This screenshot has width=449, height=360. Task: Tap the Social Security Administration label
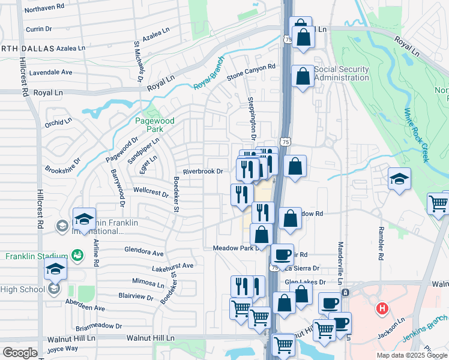coord(341,73)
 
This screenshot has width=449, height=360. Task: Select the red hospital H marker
coord(381,310)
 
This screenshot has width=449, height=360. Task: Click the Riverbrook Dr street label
coord(203,171)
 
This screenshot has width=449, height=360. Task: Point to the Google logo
coord(20,352)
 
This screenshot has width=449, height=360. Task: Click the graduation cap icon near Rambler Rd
coord(399,179)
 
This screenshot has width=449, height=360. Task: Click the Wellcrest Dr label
coord(151,192)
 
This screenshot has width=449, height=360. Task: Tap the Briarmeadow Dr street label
coord(99,327)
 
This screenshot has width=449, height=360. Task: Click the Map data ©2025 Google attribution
coord(412,355)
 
